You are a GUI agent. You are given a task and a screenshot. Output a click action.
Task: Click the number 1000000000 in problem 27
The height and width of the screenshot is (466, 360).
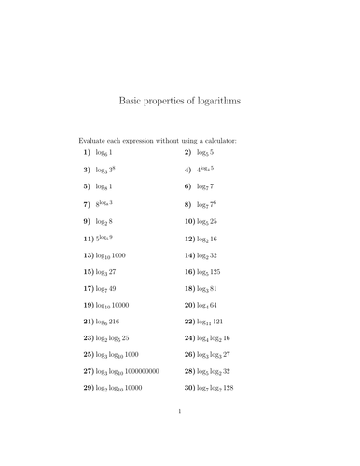coord(142,371)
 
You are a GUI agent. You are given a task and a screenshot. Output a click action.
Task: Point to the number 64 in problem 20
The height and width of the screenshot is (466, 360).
coord(217,306)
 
